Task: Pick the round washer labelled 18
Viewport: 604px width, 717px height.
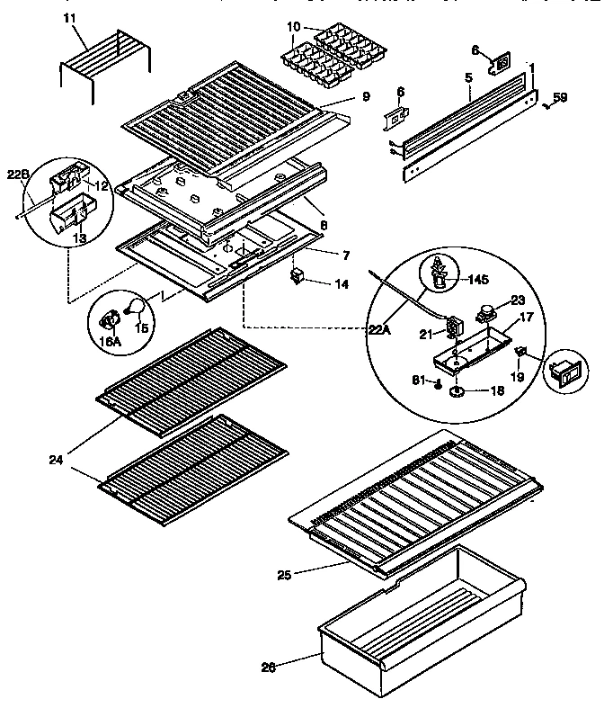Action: [x=457, y=391]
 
